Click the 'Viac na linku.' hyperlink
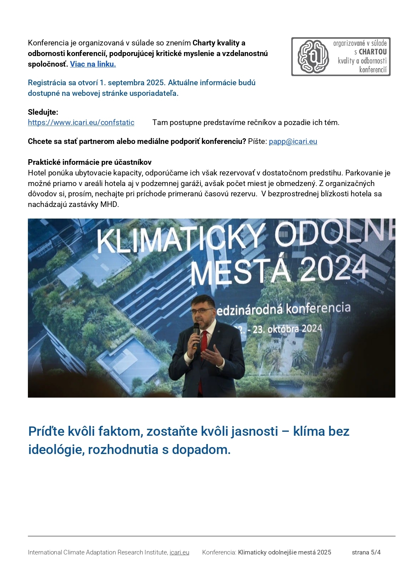click(93, 64)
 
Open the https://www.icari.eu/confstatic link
click(81, 122)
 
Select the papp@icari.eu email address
click(293, 141)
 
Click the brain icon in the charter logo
click(313, 57)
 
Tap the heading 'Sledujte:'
click(43, 112)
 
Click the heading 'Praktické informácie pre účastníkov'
click(90, 162)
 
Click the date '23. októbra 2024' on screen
click(288, 329)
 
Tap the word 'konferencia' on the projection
click(318, 308)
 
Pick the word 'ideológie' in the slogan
click(56, 449)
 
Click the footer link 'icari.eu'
click(179, 552)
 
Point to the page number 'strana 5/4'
click(366, 552)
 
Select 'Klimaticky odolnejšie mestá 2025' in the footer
click(285, 552)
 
